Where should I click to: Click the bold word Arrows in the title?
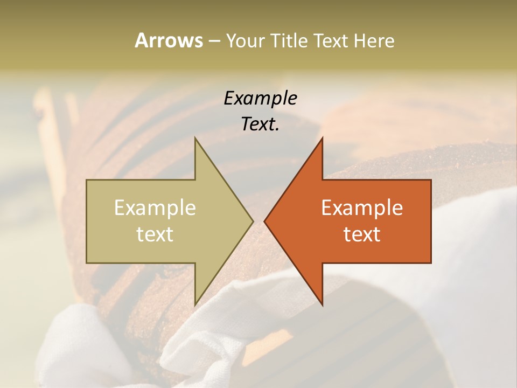(168, 40)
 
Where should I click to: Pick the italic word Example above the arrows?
(261, 98)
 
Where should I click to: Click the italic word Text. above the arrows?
(261, 124)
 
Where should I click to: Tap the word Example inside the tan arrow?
(155, 207)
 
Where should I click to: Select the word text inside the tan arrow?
(155, 234)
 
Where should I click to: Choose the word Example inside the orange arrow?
(362, 207)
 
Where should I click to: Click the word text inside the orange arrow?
(362, 234)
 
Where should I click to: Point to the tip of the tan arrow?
(253, 221)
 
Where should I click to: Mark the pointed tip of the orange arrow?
(264, 221)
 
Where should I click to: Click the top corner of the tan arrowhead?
(195, 137)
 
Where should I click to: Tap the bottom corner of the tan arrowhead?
(195, 305)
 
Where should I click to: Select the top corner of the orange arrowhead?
(323, 137)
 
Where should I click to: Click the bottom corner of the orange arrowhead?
(323, 305)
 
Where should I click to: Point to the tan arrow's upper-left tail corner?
(87, 180)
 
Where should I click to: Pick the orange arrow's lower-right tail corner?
(431, 263)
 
